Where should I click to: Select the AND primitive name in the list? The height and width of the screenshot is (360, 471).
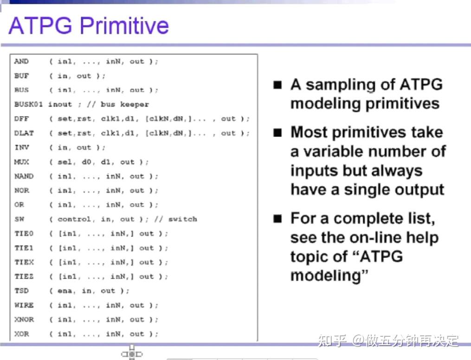(x=21, y=61)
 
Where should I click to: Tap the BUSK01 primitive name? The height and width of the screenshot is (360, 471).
(x=28, y=105)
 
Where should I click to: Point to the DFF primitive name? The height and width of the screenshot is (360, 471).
(x=21, y=119)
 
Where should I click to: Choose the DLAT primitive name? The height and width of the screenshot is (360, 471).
(x=24, y=133)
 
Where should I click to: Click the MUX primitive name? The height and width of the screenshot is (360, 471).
(x=21, y=162)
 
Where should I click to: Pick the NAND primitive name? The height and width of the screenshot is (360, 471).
(x=24, y=176)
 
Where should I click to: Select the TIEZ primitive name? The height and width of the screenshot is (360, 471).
(x=24, y=276)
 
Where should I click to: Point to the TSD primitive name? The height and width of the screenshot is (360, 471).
(x=21, y=291)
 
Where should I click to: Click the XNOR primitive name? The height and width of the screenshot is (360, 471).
(x=24, y=320)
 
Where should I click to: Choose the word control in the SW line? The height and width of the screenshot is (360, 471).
(x=74, y=219)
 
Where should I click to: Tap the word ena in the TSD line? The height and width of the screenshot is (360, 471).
(x=65, y=291)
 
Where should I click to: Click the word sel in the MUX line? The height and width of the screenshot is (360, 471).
(x=65, y=162)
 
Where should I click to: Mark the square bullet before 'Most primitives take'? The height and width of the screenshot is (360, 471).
(x=277, y=133)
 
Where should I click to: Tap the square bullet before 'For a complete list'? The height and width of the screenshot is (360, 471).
(x=277, y=219)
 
